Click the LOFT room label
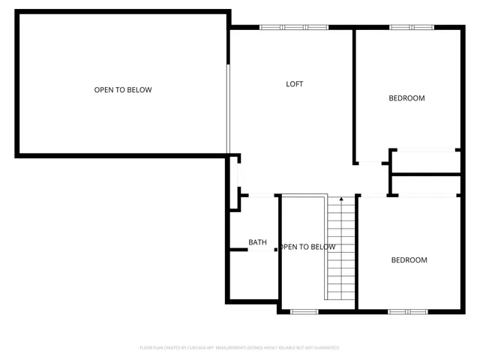coord(295,84)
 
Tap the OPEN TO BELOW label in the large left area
coord(123,90)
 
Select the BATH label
coord(257,242)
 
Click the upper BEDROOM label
coord(406,98)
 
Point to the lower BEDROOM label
coord(409,260)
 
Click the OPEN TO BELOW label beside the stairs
coord(307,247)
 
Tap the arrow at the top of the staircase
coord(341,200)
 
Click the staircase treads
coord(341,251)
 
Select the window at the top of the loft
coord(294,28)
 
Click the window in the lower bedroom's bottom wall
coord(408,310)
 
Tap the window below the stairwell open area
coord(304,311)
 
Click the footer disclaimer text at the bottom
coord(239,348)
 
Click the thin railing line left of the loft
coord(228,109)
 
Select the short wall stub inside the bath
coord(239,249)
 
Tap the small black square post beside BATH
coord(276,250)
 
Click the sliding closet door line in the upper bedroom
coord(424,150)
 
